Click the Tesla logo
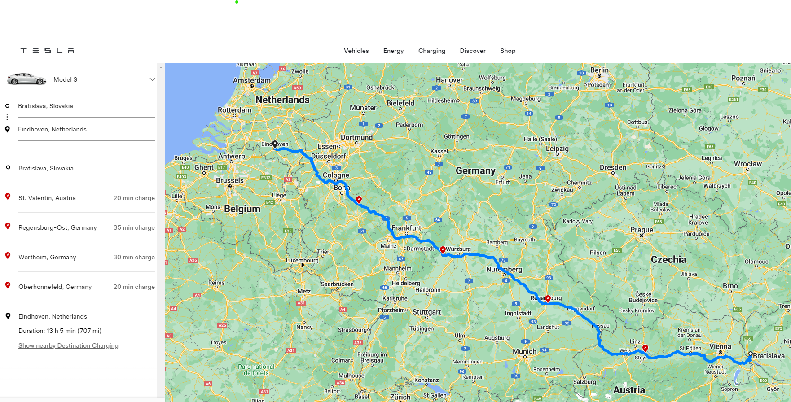pos(47,51)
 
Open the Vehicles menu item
pos(356,51)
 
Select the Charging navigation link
pos(431,51)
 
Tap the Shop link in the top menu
pos(507,51)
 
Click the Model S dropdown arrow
pos(152,79)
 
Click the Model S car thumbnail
pos(26,79)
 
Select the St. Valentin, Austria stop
pos(47,198)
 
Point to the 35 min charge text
pos(134,227)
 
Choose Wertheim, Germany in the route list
pos(47,257)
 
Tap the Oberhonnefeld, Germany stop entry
pos(55,287)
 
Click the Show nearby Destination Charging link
pos(68,345)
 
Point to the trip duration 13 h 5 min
pos(60,331)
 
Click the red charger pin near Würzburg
pos(443,250)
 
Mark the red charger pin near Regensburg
pos(548,299)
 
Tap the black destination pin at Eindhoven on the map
pos(275,144)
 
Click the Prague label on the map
pos(642,230)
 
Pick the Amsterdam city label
pos(251,80)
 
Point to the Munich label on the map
pos(524,351)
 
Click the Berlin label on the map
pos(599,70)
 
